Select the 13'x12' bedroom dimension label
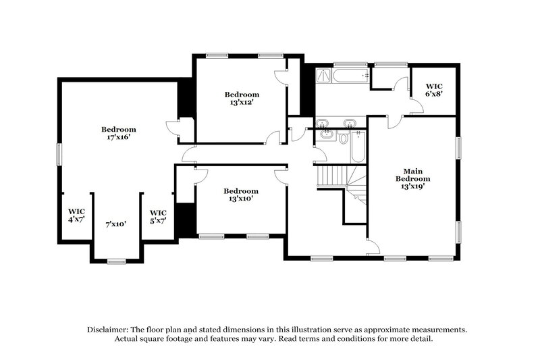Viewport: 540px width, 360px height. [x=242, y=103]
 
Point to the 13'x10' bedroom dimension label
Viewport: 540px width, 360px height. [x=242, y=199]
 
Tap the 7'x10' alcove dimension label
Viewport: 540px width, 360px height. [x=116, y=224]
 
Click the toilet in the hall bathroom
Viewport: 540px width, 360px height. [x=343, y=138]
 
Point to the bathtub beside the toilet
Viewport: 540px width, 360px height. [x=358, y=147]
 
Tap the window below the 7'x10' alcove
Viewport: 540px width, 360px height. [x=117, y=261]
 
